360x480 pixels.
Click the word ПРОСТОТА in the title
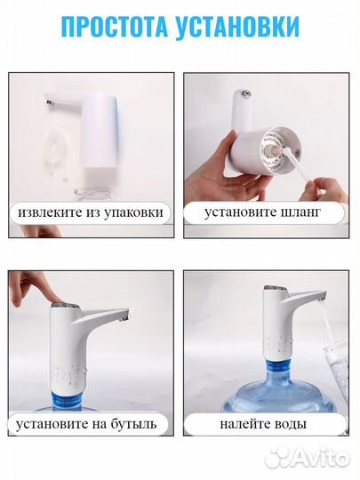[x=115, y=27]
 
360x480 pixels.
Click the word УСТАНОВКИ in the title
[x=237, y=27]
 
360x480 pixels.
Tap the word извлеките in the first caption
[x=48, y=212]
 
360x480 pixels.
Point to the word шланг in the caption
[x=300, y=212]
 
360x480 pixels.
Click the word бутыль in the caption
[x=133, y=424]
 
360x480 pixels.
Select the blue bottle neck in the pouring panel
[x=278, y=368]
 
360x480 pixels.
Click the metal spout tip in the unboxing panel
[x=49, y=103]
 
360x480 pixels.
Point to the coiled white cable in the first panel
[x=92, y=194]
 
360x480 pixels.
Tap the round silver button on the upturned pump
[x=246, y=92]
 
